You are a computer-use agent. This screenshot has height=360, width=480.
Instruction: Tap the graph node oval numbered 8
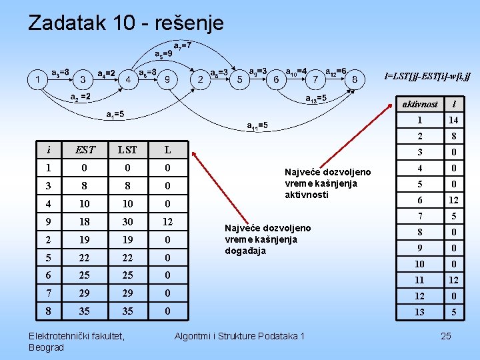point(355,79)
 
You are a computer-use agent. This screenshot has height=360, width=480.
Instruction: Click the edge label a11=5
point(257,125)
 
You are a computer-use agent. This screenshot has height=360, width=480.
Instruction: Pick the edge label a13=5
point(316,99)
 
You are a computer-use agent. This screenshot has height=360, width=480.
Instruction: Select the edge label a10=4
point(296,71)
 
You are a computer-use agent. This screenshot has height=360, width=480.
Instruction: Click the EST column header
point(85,149)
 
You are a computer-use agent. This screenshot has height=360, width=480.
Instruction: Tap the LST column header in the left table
point(127,149)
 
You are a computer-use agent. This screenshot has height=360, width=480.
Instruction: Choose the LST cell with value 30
point(127,221)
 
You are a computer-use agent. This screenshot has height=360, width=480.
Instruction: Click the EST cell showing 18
point(85,221)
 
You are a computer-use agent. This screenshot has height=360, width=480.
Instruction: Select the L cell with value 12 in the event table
point(168,221)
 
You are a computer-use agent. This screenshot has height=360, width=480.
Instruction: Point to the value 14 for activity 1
point(453,121)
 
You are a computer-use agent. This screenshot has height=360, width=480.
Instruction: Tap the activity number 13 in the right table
point(419,312)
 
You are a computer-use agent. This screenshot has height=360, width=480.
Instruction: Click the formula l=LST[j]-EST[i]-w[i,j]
point(427,77)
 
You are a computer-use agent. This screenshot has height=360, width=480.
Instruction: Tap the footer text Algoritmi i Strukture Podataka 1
point(239,335)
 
